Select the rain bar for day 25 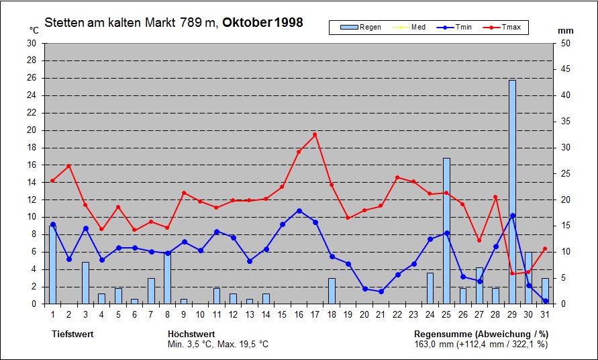(446, 231)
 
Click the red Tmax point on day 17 (315, 134)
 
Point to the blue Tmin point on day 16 (299, 210)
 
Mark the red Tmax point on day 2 (68, 165)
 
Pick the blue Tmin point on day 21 (381, 291)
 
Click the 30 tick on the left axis (32, 43)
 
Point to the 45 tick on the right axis (565, 69)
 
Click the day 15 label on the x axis (283, 314)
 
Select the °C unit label (34, 30)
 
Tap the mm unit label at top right (565, 30)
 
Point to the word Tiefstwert (73, 334)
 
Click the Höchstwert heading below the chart (191, 334)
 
